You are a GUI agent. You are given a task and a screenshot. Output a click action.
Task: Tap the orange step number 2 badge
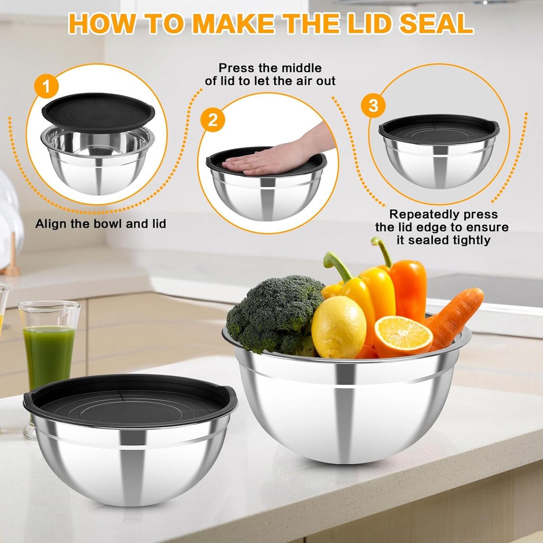click(x=213, y=120)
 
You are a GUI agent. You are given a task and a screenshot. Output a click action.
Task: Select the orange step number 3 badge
click(x=373, y=106)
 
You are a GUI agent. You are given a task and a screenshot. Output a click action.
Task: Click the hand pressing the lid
click(x=276, y=155)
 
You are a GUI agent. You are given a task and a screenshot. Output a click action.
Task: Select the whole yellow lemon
click(x=338, y=327)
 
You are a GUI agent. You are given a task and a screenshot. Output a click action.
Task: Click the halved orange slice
click(x=403, y=336)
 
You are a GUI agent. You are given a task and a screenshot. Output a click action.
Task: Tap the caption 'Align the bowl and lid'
click(x=100, y=224)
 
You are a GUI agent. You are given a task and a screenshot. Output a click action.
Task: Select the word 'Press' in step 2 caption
click(x=236, y=68)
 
